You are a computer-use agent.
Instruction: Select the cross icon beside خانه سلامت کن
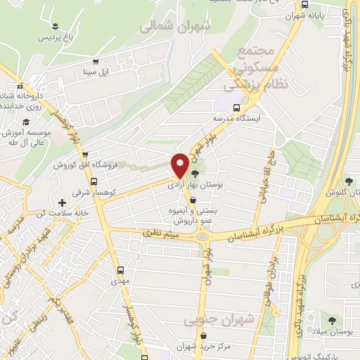tap(63, 203)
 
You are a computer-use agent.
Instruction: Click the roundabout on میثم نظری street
tap(204, 236)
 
